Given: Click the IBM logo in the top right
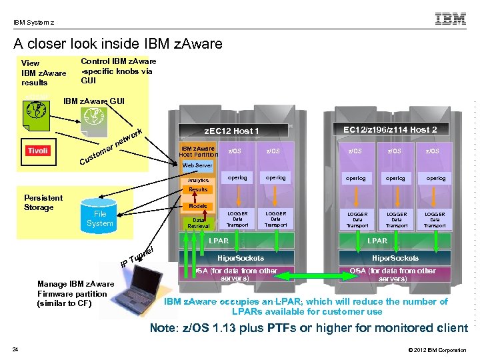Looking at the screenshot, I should pos(451,19).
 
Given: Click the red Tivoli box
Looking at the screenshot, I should pos(37,151).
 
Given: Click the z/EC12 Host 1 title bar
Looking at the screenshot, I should pos(231,131).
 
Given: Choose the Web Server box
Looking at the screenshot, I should pos(197,165).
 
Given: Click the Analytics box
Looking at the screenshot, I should pos(198,180).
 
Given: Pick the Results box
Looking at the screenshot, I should pos(198,190).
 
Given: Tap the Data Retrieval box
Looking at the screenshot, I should pos(198,223).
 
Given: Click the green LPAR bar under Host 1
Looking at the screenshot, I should pos(219,241).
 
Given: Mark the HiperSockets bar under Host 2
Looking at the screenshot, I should pos(395,258).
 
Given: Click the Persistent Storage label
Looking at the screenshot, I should pos(43,203).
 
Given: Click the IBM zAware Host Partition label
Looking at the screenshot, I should pos(198,151).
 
